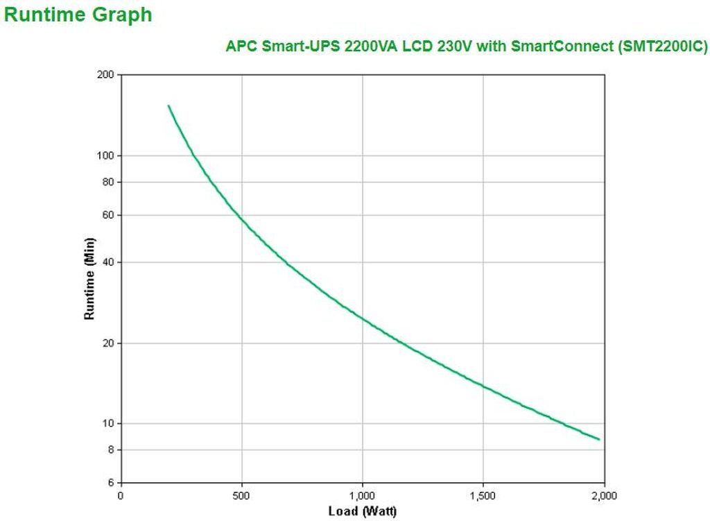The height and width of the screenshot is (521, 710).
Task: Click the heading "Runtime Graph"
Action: tap(78, 15)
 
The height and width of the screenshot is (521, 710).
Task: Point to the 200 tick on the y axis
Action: tap(106, 74)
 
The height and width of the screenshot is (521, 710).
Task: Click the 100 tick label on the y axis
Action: tap(106, 155)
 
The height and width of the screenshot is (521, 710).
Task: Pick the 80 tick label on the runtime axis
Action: tap(108, 182)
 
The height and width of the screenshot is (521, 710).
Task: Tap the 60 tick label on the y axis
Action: tap(108, 215)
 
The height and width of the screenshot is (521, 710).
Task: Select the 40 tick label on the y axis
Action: tap(108, 262)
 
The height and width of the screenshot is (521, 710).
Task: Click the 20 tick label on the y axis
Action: tap(108, 343)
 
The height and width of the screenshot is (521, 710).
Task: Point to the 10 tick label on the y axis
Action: tap(108, 424)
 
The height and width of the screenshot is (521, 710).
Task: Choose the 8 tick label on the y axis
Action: tap(111, 450)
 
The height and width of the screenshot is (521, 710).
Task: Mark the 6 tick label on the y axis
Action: tap(111, 483)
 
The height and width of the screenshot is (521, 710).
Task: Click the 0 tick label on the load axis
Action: tap(121, 495)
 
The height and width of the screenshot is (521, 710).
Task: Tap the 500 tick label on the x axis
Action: tap(241, 495)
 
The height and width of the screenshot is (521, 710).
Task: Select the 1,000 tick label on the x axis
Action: tap(362, 495)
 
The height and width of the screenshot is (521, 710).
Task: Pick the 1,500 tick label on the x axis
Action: tap(483, 495)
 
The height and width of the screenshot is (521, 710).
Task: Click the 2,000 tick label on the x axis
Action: tap(603, 495)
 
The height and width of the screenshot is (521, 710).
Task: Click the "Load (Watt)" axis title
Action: tap(362, 511)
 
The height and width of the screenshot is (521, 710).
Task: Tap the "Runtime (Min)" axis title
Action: tap(89, 278)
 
